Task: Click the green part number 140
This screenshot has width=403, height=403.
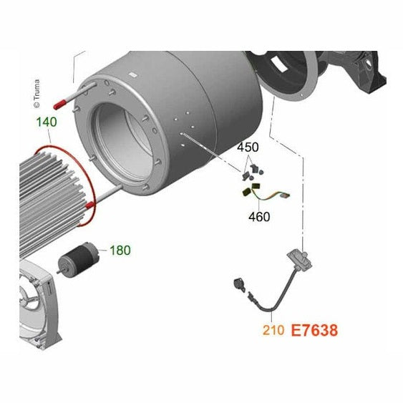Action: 47,122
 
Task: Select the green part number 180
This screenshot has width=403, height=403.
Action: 120,250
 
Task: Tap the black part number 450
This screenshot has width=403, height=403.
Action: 248,147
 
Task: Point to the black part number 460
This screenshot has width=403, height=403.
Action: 259,217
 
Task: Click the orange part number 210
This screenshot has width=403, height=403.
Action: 273,330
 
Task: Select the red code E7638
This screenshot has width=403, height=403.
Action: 314,330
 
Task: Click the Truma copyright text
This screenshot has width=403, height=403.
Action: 37,94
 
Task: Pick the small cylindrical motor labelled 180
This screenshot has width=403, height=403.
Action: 78,258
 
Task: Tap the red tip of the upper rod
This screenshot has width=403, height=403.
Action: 60,105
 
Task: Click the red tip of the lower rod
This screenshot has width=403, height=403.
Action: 90,205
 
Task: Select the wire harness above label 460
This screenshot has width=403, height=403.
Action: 266,193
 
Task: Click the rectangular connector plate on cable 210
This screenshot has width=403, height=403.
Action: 299,261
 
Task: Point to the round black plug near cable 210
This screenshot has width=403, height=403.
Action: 239,285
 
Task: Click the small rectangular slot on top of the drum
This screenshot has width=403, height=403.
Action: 133,74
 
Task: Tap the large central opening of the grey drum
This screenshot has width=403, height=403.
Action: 123,142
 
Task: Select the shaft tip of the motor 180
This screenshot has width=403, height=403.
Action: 59,272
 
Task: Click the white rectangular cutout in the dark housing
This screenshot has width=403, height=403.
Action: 279,64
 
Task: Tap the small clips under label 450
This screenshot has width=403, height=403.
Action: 253,171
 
